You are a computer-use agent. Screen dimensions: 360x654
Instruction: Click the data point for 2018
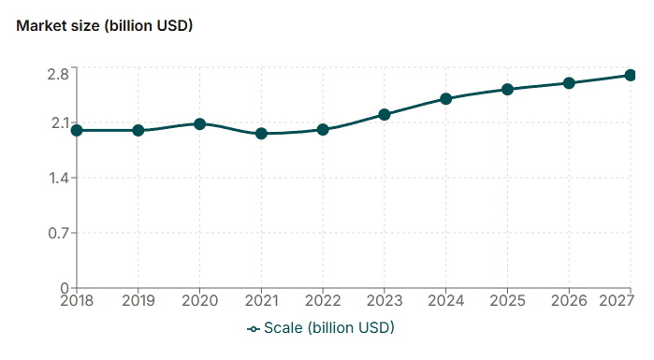pos(77,130)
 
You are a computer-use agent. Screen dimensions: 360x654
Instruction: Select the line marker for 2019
pos(138,130)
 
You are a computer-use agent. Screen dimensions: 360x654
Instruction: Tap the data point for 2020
pos(199,123)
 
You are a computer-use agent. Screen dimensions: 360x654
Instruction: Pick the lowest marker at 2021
pos(261,134)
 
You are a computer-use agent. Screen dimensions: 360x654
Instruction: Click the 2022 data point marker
pos(323,130)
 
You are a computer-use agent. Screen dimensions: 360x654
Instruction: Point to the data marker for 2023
pos(384,114)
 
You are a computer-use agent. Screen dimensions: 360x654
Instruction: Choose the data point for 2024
pos(446,98)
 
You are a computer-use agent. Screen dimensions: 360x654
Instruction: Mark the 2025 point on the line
pos(507,90)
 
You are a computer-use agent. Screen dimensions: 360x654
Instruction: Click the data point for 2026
pos(569,83)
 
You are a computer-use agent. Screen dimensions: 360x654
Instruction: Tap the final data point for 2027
pos(630,75)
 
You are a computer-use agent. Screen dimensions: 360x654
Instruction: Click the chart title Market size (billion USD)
pos(104,26)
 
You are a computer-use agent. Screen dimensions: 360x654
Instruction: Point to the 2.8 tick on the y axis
pos(57,74)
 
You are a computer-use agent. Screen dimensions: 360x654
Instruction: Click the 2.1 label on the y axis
pos(57,122)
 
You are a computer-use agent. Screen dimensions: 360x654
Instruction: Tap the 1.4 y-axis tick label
pos(57,178)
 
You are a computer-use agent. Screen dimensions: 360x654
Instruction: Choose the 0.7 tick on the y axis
pos(57,233)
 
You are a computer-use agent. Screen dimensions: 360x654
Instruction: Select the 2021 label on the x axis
pos(261,300)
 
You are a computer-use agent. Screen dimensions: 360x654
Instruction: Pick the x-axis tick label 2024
pos(446,300)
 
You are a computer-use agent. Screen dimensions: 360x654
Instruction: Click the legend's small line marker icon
pos(253,328)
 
